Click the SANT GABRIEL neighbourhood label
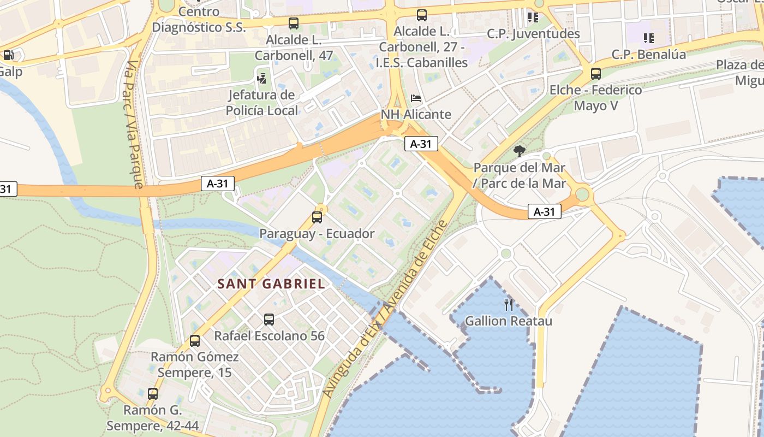tap(271, 284)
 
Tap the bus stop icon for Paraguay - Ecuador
tap(317, 217)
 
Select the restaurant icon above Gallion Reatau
tap(509, 305)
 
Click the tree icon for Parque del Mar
tap(519, 151)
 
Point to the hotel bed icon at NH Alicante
tap(416, 99)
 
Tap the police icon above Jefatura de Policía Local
tap(262, 78)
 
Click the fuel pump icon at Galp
tap(9, 55)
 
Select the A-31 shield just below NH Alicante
tap(421, 144)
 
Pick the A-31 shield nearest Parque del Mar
tap(544, 212)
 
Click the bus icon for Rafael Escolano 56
tap(269, 320)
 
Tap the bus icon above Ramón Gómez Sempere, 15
tap(195, 341)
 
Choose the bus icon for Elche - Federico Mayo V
tap(596, 74)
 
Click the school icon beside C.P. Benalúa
tap(648, 38)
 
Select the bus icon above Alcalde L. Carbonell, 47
tap(294, 23)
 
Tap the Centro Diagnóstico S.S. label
tap(199, 20)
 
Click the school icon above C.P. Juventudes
tap(533, 17)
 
